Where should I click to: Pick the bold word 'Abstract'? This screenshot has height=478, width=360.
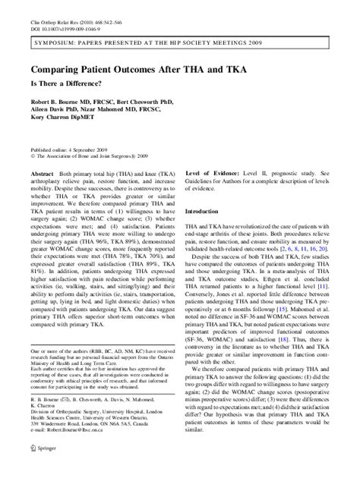tap(39, 175)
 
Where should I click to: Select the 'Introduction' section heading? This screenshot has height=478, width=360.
tap(207, 212)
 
